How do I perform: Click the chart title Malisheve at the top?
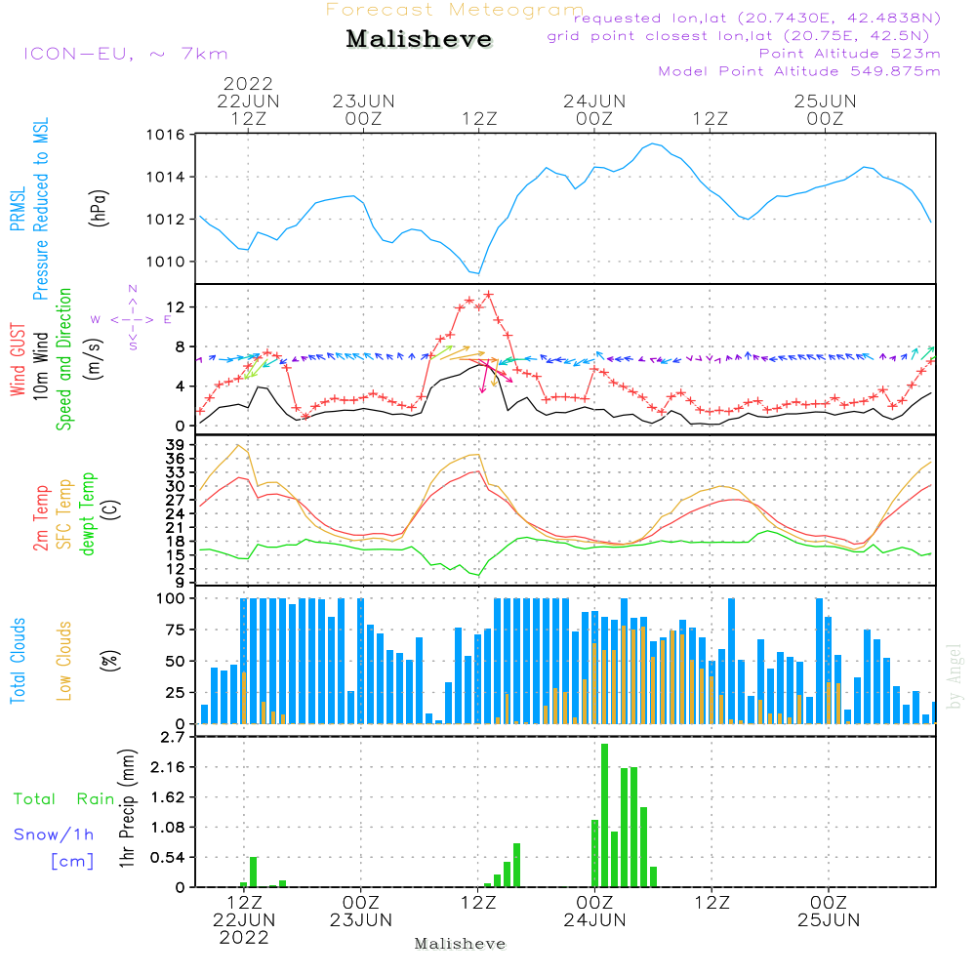pos(419,40)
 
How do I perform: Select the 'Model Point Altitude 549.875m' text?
pos(799,71)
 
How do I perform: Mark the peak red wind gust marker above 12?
pos(488,295)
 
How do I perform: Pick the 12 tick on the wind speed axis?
pos(181,307)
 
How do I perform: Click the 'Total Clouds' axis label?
pos(18,661)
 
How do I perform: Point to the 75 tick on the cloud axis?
pos(177,630)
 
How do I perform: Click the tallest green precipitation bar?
pos(605,815)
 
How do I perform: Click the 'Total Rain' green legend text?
pos(63,799)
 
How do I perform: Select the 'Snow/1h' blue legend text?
pos(54,834)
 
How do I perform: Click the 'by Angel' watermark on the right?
pos(956,676)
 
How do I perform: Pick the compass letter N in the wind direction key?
pos(133,289)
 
